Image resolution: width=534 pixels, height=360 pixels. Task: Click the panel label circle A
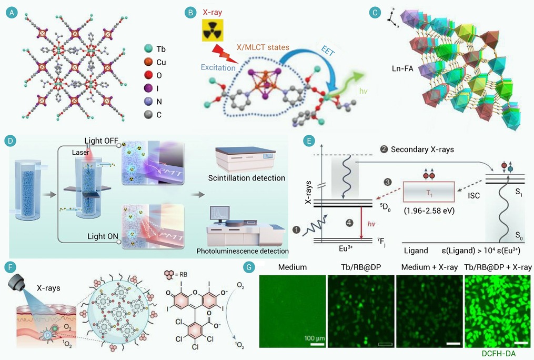12,13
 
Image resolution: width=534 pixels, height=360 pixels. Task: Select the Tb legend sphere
148,49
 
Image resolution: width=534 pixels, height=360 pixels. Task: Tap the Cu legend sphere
148,62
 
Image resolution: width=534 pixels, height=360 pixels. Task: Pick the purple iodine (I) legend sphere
148,88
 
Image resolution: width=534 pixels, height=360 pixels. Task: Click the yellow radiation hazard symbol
213,31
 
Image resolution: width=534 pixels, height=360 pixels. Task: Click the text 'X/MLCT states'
263,47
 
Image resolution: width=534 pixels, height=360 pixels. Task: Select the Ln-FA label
402,68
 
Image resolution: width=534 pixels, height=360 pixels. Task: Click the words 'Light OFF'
101,141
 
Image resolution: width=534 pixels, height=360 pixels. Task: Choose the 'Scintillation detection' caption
247,178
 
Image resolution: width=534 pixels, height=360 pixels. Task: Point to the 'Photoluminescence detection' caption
243,251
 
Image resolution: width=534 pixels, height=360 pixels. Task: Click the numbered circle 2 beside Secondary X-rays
384,149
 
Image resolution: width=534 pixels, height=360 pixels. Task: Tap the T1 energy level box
429,192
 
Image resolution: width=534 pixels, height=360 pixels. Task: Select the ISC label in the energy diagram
473,195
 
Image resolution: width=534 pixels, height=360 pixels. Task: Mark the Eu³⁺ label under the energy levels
345,248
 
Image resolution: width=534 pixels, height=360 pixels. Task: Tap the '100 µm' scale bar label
314,338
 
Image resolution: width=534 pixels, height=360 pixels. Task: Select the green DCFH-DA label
499,354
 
